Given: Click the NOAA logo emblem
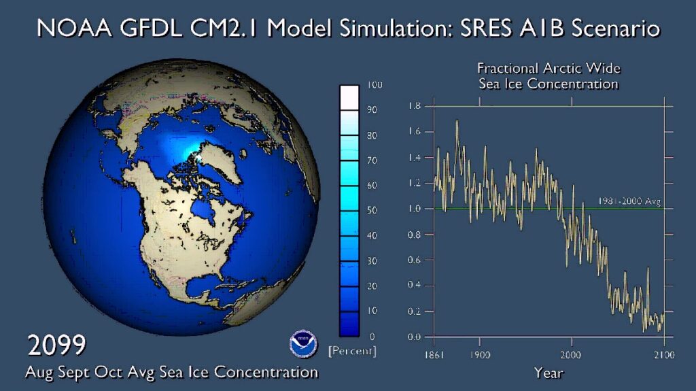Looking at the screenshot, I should click(302, 345).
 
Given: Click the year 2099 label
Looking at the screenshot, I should click(56, 345).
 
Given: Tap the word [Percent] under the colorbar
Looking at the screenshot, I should click(351, 352).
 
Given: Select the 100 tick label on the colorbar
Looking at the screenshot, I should click(375, 85).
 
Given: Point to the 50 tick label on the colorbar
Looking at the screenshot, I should click(372, 211).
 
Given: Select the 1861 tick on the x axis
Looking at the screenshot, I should click(434, 354).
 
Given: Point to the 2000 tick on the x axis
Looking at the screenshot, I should click(570, 354).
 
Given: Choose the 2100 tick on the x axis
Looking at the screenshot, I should click(663, 354).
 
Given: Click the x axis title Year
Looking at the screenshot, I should click(548, 373).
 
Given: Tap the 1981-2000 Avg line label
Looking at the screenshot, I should click(629, 201).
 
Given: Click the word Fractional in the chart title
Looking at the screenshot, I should click(508, 69).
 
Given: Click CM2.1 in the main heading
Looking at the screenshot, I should click(236, 29).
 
